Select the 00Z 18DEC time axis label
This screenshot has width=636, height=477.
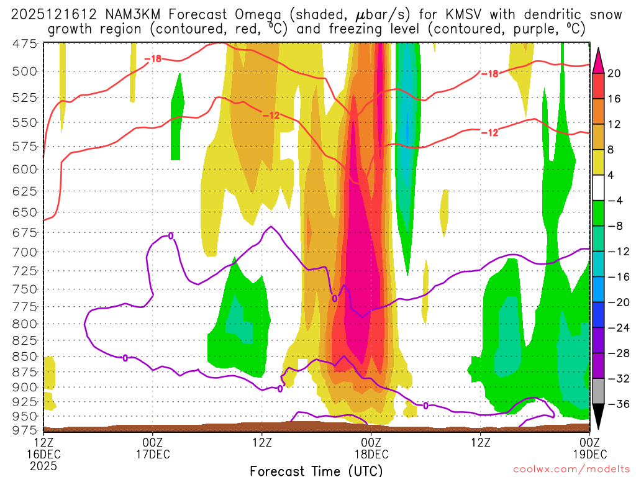pyautogui.click(x=371, y=447)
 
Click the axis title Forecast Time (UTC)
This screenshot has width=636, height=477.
pyautogui.click(x=316, y=470)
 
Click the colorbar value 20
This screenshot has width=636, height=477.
pyautogui.click(x=614, y=73)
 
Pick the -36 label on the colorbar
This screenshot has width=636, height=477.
pyautogui.click(x=617, y=404)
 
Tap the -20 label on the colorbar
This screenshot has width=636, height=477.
pyautogui.click(x=617, y=302)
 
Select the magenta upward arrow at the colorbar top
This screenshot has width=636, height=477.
pyautogui.click(x=598, y=60)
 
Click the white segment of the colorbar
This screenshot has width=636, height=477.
pyautogui.click(x=598, y=188)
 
